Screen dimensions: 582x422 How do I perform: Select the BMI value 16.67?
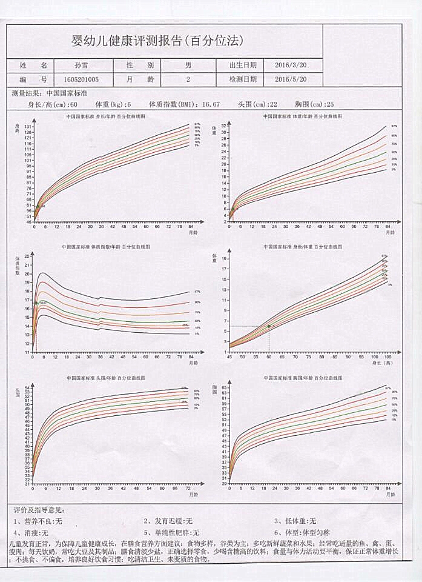pyautogui.click(x=211, y=104)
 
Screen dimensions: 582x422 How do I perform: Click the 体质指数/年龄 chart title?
pyautogui.click(x=105, y=247)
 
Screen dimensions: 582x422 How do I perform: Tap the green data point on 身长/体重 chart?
pyautogui.click(x=269, y=326)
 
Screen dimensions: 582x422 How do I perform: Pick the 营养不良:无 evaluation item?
pyautogui.click(x=38, y=521)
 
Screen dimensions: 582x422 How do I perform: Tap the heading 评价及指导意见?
pyautogui.click(x=38, y=510)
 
